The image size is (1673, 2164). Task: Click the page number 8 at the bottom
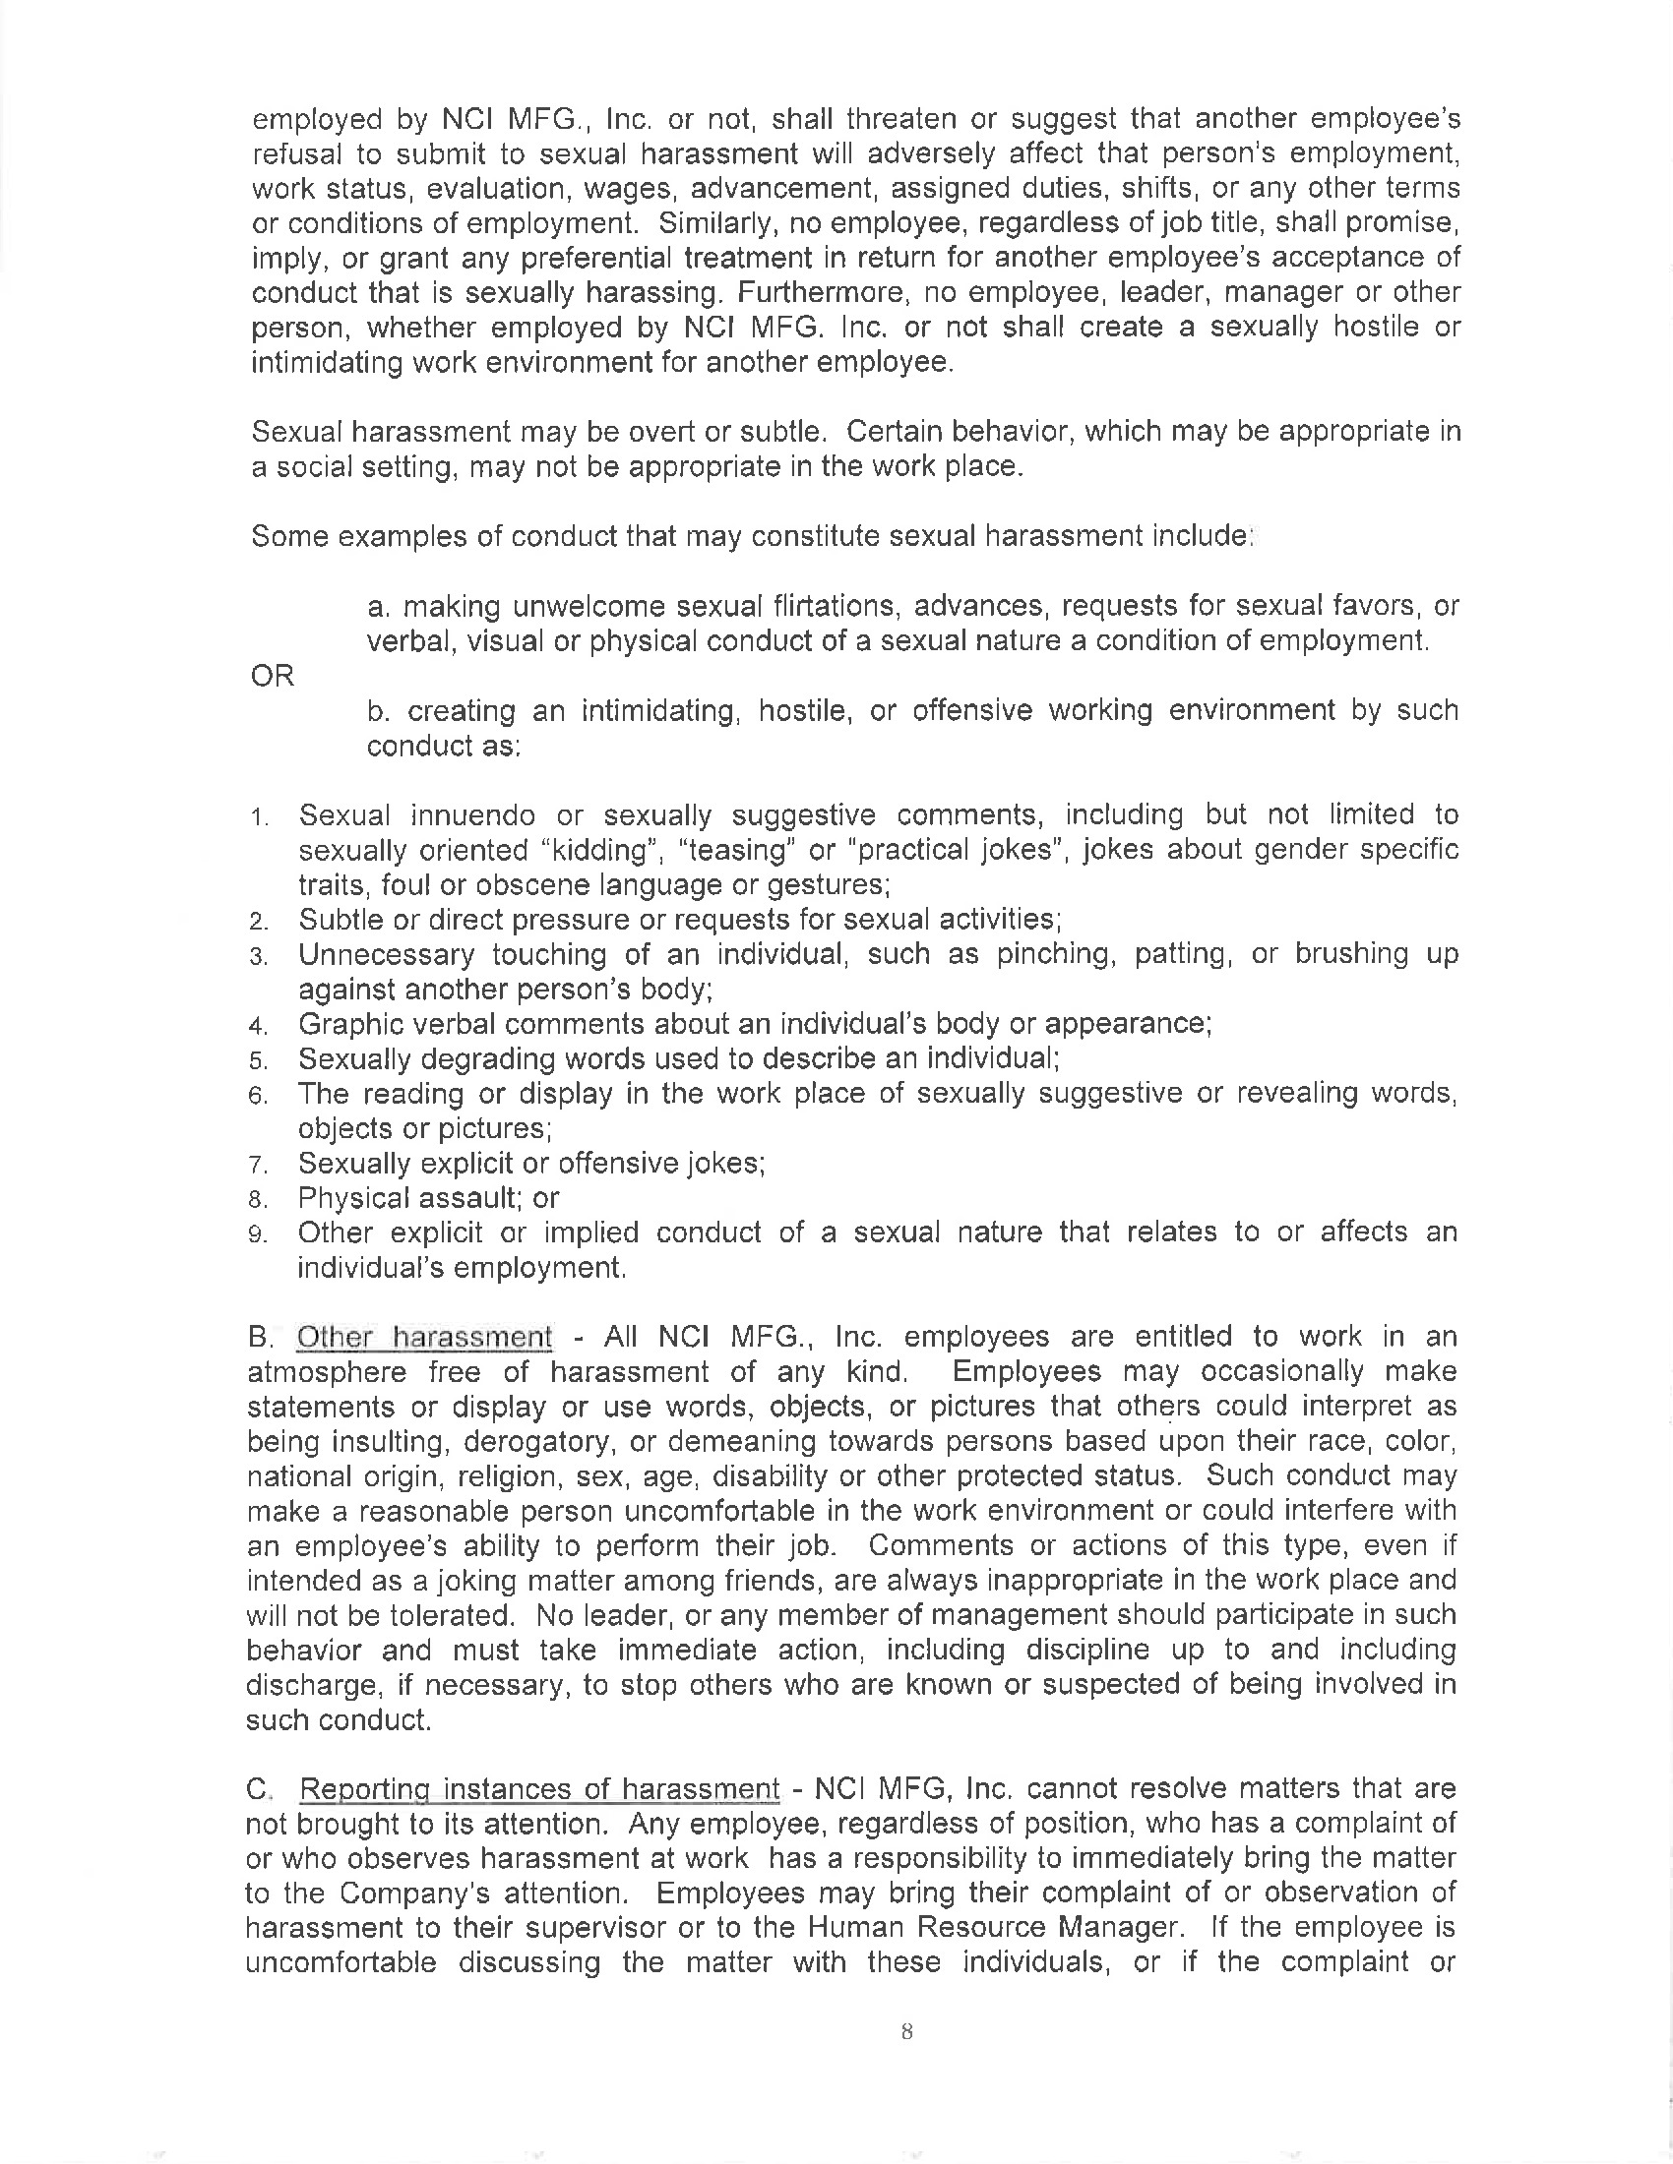[x=905, y=2031]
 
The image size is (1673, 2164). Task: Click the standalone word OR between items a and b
[x=273, y=676]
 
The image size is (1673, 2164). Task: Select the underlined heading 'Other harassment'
[x=424, y=1337]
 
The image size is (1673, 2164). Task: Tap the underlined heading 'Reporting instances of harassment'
[x=539, y=1788]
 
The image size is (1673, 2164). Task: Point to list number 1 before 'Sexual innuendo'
[x=259, y=817]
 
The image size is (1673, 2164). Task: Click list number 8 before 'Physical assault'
[x=259, y=1200]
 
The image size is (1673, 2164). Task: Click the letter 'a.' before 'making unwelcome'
[x=378, y=605]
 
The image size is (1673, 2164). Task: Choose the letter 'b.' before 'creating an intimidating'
[x=378, y=710]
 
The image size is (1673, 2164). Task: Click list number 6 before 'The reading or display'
[x=259, y=1096]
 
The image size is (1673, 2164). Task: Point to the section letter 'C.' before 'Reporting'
[x=259, y=1789]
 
